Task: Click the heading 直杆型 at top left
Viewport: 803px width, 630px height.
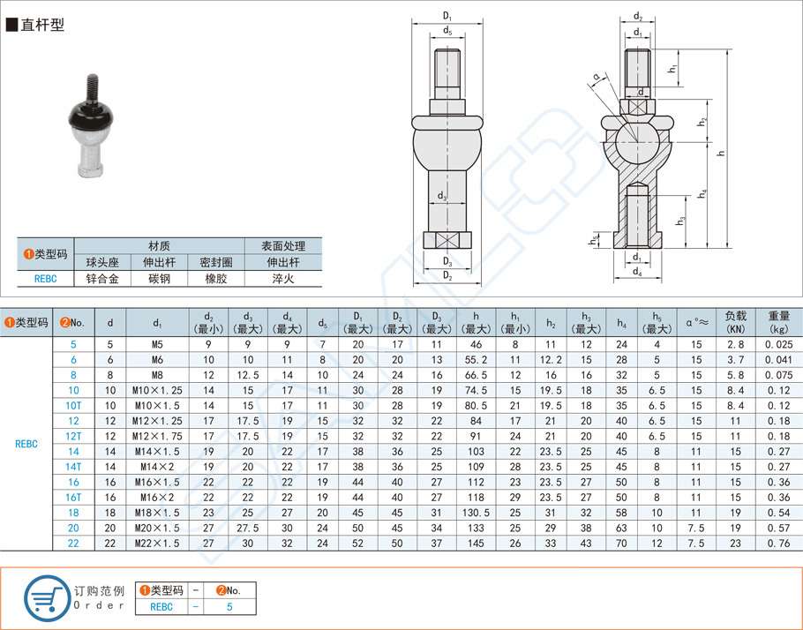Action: [41, 26]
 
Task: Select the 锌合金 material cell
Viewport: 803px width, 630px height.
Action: [101, 278]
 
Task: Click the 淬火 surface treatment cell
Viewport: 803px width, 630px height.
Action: [283, 278]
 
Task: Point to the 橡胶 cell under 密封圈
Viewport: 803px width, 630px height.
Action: [216, 278]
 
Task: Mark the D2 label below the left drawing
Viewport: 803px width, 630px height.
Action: [447, 277]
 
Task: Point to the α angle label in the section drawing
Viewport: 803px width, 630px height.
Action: [597, 78]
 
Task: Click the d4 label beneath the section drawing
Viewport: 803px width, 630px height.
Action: [636, 273]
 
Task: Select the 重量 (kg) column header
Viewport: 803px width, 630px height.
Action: [777, 321]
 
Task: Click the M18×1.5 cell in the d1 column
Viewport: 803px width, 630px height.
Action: [158, 512]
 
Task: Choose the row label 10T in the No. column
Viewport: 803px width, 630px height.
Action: [73, 405]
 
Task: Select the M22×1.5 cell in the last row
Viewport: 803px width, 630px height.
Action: [158, 543]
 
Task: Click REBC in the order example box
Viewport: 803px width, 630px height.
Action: [161, 606]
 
